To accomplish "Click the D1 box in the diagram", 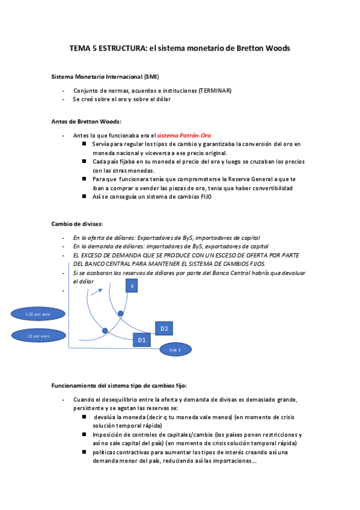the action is tap(142, 340).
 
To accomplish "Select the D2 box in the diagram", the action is tap(164, 328).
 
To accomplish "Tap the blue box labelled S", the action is tap(132, 287).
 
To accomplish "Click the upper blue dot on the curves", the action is tap(120, 314).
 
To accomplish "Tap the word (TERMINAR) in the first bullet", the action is tap(215, 91).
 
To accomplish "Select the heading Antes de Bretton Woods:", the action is tap(87, 121).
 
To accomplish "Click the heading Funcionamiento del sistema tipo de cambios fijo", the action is tap(120, 384).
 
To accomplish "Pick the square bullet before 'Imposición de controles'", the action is tap(85, 434).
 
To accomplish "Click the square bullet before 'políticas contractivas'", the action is tap(85, 452).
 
